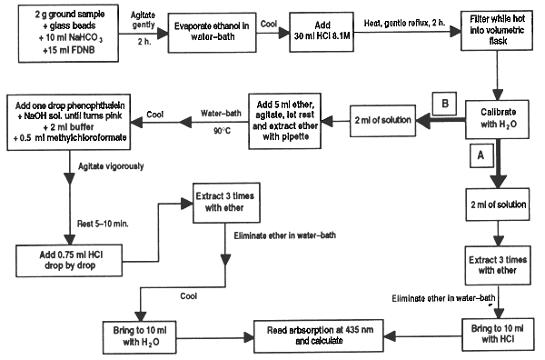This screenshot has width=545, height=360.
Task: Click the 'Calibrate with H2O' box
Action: [x=496, y=121]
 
